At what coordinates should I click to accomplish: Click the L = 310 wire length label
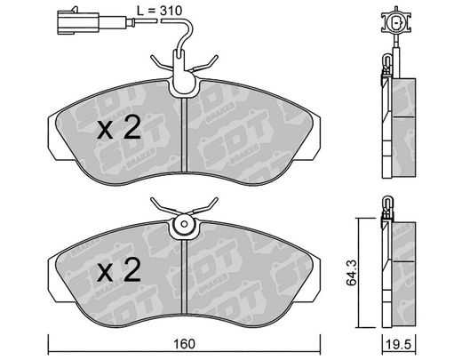tap(159, 11)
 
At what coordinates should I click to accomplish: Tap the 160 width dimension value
tap(184, 344)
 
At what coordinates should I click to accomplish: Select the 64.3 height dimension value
tap(352, 273)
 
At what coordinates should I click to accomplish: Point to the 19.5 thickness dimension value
tap(399, 345)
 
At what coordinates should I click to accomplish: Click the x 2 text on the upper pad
tap(119, 128)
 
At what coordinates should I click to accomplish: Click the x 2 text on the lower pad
tap(119, 269)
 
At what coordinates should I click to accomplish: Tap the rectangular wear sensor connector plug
tap(78, 21)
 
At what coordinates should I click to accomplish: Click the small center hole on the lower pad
tap(184, 224)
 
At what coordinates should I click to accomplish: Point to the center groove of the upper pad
tap(184, 135)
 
